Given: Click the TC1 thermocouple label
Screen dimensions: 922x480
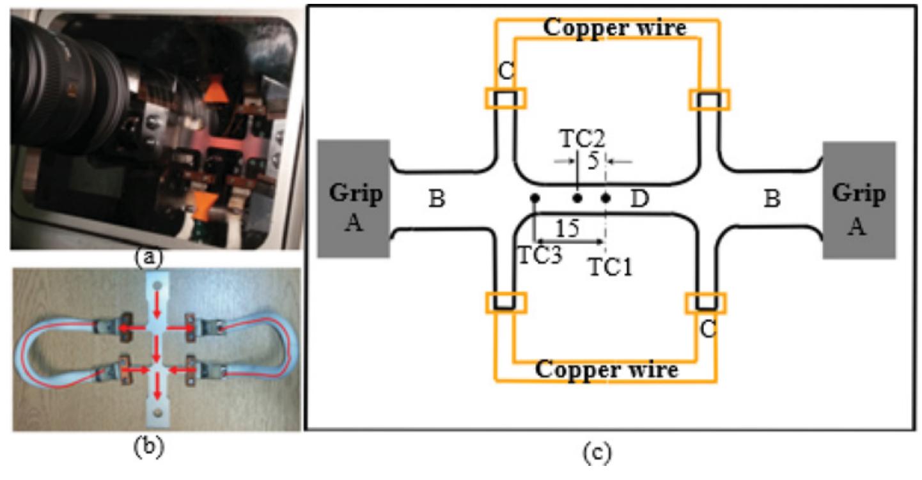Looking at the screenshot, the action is (x=611, y=267).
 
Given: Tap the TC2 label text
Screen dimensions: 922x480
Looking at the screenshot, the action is (x=583, y=139).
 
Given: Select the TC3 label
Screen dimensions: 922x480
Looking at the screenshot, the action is (x=540, y=256).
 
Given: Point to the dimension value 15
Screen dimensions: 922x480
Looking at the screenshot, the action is (x=567, y=228).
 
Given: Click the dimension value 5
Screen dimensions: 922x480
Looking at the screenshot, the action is (x=593, y=161).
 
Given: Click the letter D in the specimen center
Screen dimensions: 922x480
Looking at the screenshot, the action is (x=639, y=199).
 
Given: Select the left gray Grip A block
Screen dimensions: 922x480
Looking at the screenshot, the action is (x=354, y=199).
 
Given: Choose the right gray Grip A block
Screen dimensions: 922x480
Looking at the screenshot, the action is (x=859, y=200).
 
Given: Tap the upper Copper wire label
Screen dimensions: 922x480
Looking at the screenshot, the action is (x=615, y=28).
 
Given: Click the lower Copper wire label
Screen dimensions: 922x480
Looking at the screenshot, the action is (x=606, y=369).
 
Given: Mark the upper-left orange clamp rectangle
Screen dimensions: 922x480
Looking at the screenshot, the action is (x=506, y=98).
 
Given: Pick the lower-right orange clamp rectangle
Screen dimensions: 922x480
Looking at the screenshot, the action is (x=706, y=303).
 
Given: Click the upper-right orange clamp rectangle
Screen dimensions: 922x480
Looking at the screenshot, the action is (x=709, y=100).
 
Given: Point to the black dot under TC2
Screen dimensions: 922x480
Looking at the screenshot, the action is (x=577, y=198).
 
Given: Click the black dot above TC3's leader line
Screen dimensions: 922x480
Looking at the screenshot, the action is (x=535, y=198).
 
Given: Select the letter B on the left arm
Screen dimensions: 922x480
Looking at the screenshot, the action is (x=437, y=199).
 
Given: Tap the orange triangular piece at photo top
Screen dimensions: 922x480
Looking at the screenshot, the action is (x=215, y=91).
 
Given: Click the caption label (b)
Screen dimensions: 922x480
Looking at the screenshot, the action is (x=148, y=447).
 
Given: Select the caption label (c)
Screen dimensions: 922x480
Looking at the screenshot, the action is (x=597, y=453).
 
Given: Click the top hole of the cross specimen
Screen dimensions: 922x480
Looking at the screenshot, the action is (x=157, y=285).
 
